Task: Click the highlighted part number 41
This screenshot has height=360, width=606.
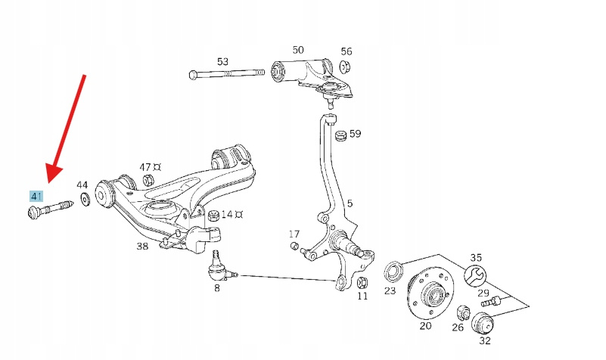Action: click(36, 197)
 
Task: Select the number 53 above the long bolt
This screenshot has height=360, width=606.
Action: click(222, 61)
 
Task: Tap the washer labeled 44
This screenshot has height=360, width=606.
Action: click(85, 200)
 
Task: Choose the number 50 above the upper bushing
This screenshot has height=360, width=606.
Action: click(298, 50)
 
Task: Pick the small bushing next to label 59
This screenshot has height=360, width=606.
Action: click(340, 137)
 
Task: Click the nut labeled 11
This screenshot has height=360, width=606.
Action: click(362, 282)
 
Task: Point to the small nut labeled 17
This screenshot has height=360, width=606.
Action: click(294, 246)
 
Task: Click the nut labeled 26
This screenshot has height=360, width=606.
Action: click(463, 314)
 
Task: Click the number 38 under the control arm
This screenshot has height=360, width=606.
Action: click(142, 246)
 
